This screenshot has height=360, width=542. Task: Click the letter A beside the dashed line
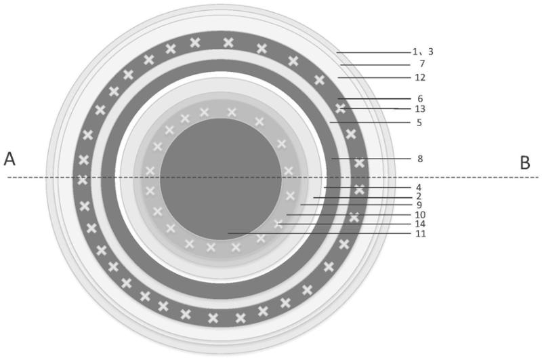9,159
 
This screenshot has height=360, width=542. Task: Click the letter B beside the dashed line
525,162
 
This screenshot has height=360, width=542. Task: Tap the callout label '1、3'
423,52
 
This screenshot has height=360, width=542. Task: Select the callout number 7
421,64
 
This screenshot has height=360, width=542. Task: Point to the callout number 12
420,77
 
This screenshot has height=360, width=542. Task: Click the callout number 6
420,99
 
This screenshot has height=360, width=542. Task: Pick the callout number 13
420,109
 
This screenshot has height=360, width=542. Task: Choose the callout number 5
419,123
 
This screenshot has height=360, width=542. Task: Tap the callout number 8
420,159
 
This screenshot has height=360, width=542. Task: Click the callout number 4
419,188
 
